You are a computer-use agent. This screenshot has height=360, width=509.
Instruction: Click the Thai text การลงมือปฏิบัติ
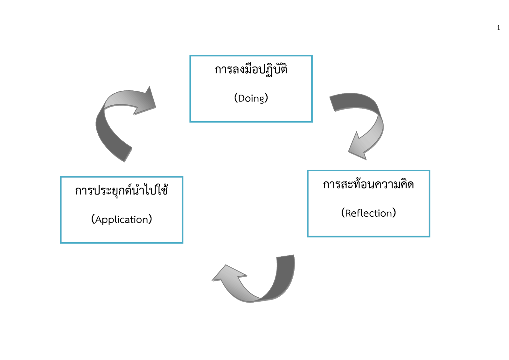251,70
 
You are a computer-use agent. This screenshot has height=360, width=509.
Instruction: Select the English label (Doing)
251,98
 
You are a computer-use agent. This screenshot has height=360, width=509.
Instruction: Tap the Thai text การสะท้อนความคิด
368,185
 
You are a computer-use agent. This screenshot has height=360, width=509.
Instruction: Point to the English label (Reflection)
368,213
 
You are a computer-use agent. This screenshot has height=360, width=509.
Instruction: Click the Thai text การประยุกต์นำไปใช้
122,191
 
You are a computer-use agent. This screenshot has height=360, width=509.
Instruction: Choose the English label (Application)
122,219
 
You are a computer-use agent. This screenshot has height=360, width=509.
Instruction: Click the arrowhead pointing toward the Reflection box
358,148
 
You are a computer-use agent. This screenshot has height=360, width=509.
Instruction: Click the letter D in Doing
241,98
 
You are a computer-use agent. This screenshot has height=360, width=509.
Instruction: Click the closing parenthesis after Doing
266,98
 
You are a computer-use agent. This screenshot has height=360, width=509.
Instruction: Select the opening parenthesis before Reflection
343,213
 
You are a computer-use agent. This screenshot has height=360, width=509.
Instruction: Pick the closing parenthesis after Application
150,219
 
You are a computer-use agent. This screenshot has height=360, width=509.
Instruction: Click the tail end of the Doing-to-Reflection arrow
332,102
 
